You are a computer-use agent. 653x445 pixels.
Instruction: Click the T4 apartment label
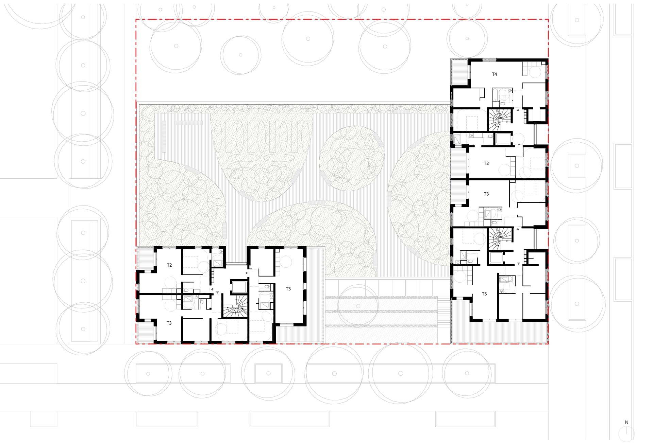pos(495,74)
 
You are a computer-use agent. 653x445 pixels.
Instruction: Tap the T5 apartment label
pos(484,294)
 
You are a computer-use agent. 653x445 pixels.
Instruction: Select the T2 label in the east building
pos(486,163)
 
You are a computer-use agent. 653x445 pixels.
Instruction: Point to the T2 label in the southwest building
pos(169,265)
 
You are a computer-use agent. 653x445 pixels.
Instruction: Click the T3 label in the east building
pos(486,194)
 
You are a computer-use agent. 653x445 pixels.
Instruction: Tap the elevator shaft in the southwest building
pos(238,287)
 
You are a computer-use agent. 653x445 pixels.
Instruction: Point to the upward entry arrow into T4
pos(518,110)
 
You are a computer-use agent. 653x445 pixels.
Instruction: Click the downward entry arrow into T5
pos(519,264)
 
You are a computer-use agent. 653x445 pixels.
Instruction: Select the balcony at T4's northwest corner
pos(460,72)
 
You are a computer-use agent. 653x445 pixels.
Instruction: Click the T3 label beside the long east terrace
pos(288,289)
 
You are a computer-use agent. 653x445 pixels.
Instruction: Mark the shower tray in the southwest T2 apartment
pos(217,264)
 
